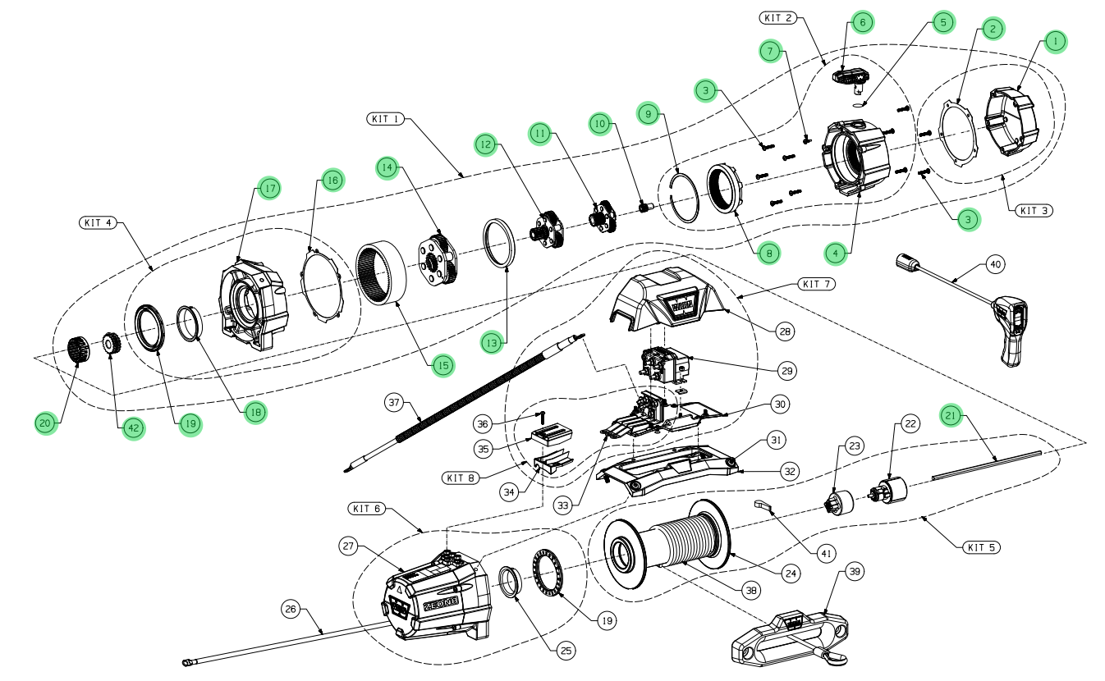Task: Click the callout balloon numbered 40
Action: tap(994, 266)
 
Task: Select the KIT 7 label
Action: tap(816, 284)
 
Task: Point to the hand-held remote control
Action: tap(1010, 328)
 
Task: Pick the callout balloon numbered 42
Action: tap(131, 427)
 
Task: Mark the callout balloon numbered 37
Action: tap(397, 402)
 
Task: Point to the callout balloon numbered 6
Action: tap(862, 22)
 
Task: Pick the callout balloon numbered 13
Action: tap(492, 343)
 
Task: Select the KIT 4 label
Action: tap(99, 222)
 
